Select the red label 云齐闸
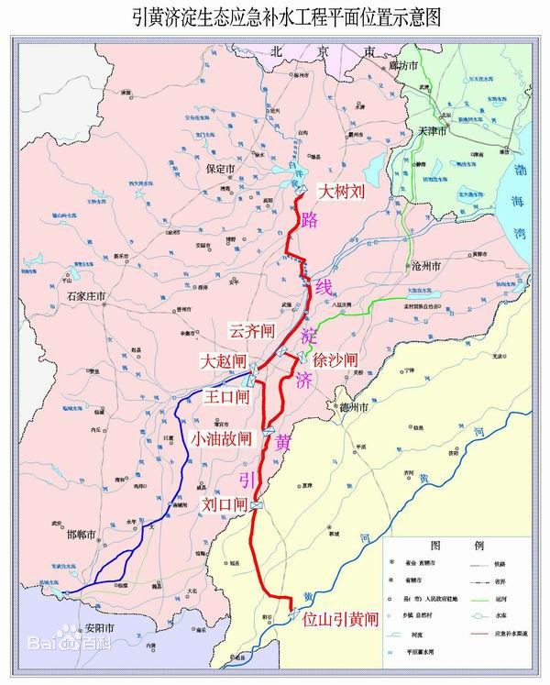click(253, 329)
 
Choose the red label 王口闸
click(226, 397)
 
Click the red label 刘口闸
click(225, 504)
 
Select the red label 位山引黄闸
click(340, 620)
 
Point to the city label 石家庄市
click(89, 296)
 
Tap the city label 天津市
click(457, 132)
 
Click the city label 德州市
click(350, 405)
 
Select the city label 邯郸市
click(83, 533)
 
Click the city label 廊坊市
click(404, 66)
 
